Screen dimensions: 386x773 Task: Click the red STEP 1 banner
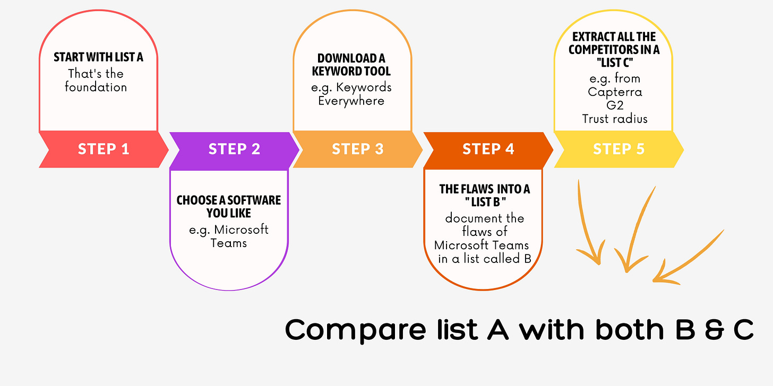[x=104, y=150]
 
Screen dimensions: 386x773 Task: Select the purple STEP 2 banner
[x=234, y=150]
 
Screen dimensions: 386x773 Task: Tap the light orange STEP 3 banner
[x=357, y=150]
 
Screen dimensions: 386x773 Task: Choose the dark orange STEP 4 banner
[x=488, y=150]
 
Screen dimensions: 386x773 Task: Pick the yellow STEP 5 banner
[x=619, y=150]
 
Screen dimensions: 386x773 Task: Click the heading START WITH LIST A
[x=98, y=57]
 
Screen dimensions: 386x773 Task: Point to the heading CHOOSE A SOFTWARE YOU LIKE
[x=229, y=207]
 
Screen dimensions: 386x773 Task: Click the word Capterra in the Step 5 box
[x=615, y=92]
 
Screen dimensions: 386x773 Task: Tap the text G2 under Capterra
[x=615, y=105]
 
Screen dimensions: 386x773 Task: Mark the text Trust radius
[x=615, y=119]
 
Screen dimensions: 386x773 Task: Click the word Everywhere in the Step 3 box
[x=351, y=101]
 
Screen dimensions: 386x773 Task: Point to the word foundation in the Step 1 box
[x=96, y=87]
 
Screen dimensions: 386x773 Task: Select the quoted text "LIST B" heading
[x=484, y=203]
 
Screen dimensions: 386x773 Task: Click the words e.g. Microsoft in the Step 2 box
[x=229, y=230]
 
